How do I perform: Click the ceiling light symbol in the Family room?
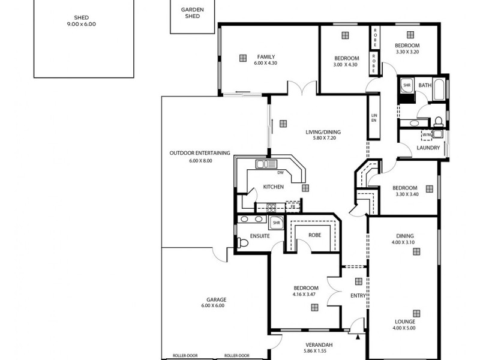[242, 58]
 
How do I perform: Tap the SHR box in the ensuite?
[277, 223]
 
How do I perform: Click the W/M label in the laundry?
[427, 134]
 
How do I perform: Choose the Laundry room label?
[428, 148]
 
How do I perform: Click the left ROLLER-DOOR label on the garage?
[185, 355]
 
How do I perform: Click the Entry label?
[358, 295]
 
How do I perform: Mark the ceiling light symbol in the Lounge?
[414, 312]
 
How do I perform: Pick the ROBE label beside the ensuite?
[316, 235]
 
